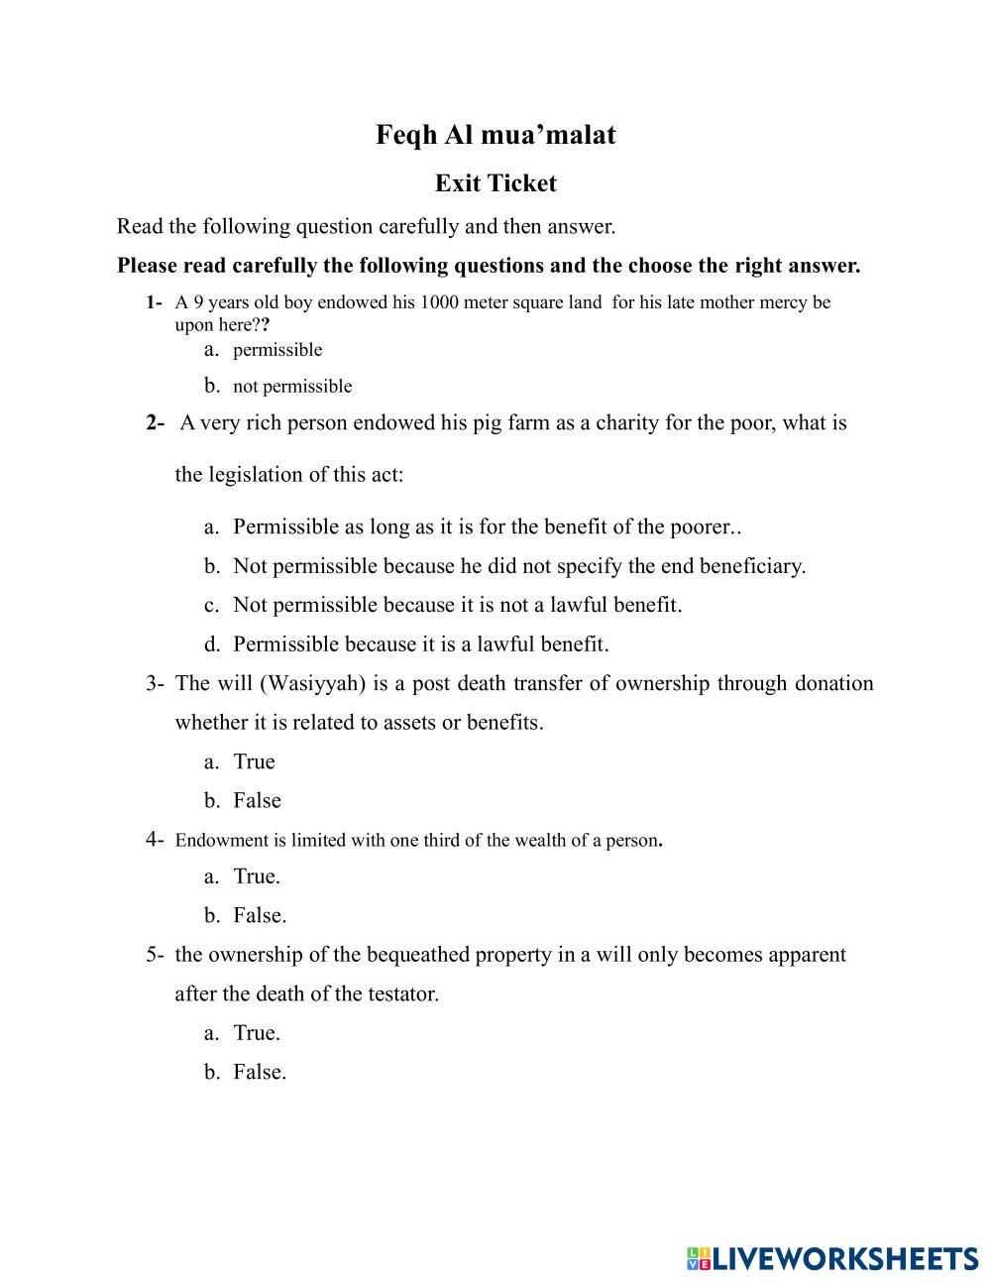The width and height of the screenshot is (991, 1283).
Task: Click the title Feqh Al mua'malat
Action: (x=495, y=135)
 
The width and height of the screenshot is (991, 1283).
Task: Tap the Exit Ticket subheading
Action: (x=495, y=183)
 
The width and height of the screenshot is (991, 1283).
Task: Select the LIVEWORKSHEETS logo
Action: (x=832, y=1258)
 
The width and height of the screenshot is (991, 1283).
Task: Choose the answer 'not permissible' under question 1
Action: (x=292, y=387)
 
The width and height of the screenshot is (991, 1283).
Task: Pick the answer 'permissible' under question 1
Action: (x=277, y=350)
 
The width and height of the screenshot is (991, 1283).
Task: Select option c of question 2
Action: (x=457, y=605)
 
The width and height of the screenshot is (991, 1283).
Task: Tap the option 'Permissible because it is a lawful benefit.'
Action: (x=420, y=644)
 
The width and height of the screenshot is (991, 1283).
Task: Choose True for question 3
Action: (x=254, y=762)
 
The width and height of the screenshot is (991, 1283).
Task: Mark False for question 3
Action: (x=257, y=801)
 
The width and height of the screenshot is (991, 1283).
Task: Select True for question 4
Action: (x=256, y=876)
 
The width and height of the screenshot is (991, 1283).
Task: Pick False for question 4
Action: (x=259, y=916)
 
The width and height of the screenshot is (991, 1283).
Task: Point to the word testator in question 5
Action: (x=402, y=993)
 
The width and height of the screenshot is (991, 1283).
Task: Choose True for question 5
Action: (x=256, y=1033)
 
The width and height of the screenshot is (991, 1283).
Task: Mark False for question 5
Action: (x=259, y=1072)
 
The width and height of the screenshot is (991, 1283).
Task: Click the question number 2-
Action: (x=155, y=423)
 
